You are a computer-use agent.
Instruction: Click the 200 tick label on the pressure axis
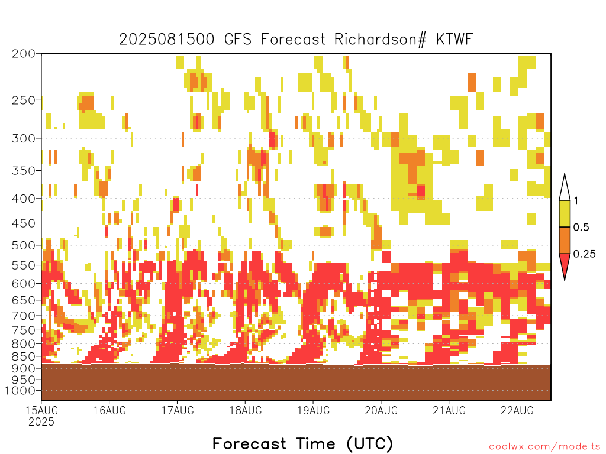pyautogui.click(x=23, y=53)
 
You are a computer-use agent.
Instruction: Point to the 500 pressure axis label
pyautogui.click(x=23, y=245)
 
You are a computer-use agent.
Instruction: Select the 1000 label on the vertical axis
pyautogui.click(x=20, y=391)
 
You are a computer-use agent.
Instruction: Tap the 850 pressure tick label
pyautogui.click(x=23, y=356)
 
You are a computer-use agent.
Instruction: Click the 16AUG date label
pyautogui.click(x=109, y=410)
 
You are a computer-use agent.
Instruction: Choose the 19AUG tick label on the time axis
pyautogui.click(x=314, y=410)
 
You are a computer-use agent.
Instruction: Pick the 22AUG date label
pyautogui.click(x=517, y=410)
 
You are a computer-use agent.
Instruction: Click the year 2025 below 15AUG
pyautogui.click(x=41, y=421)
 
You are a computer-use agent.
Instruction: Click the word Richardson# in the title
pyautogui.click(x=381, y=40)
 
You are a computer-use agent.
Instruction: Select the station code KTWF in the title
pyautogui.click(x=454, y=40)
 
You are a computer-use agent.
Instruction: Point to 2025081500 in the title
pyautogui.click(x=166, y=40)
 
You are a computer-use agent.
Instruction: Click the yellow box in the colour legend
pyautogui.click(x=565, y=213)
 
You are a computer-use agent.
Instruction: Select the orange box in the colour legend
pyautogui.click(x=565, y=240)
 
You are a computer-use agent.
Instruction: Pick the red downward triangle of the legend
pyautogui.click(x=565, y=265)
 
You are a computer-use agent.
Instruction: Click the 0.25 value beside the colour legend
pyautogui.click(x=584, y=254)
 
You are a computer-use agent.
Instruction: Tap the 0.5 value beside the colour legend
pyautogui.click(x=581, y=227)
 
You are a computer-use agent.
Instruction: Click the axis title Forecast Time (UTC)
pyautogui.click(x=302, y=443)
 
